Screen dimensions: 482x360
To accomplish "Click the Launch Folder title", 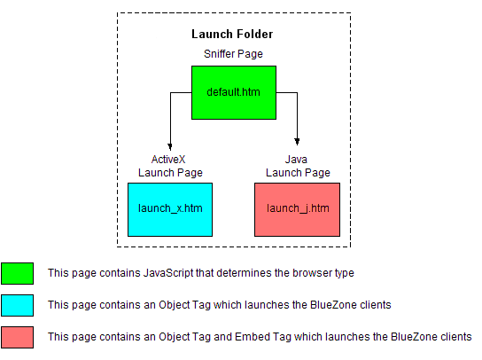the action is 232,34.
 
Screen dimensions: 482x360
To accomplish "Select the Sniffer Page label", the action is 233,54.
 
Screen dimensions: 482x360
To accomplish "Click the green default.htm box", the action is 234,92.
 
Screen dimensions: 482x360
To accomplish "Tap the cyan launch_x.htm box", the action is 170,209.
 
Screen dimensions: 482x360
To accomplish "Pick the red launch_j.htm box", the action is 297,209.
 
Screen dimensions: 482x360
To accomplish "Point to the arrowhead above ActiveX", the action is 170,147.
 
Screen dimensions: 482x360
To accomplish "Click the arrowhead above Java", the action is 297,142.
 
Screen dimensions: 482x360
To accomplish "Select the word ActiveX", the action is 168,160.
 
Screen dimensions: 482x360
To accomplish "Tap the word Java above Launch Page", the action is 296,160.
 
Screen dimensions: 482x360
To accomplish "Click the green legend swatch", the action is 17,273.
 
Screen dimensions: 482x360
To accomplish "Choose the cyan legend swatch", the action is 17,305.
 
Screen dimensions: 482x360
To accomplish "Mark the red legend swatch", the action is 17,337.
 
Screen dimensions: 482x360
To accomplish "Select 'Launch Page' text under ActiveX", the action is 170,173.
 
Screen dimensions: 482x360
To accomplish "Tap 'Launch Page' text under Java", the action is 298,173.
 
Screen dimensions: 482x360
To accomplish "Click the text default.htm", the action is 233,92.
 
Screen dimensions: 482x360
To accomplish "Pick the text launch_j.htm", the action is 298,208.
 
